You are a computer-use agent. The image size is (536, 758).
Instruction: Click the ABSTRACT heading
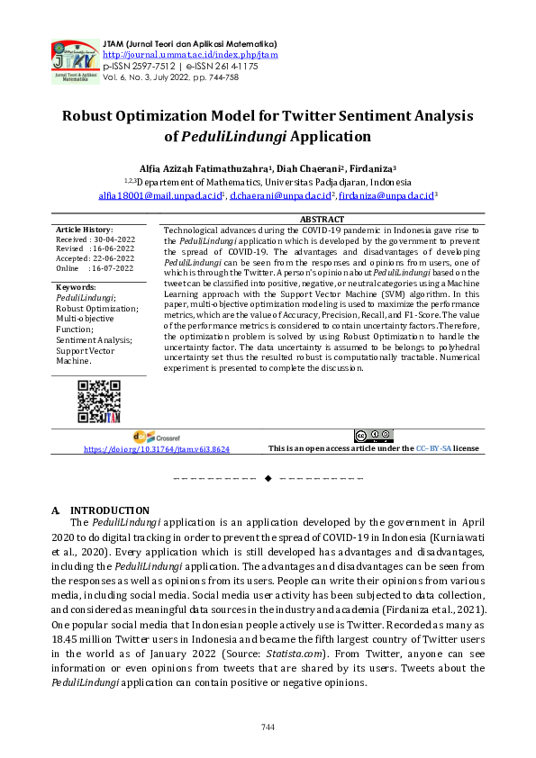[x=321, y=220]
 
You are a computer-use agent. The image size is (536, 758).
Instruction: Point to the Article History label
[x=85, y=230]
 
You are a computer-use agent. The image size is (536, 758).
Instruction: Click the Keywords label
[x=77, y=287]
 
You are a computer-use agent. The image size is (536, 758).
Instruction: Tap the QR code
[x=98, y=402]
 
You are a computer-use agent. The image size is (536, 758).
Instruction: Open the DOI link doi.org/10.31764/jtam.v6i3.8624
[x=157, y=448]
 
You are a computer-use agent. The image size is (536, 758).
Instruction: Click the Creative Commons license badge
[x=374, y=436]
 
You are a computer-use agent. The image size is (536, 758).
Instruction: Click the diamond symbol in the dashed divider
[x=268, y=477]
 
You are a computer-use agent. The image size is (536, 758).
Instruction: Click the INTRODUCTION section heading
[x=110, y=510]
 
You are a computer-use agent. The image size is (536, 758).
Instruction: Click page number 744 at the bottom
[x=268, y=726]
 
